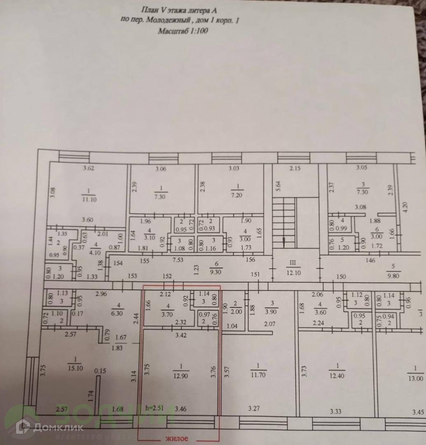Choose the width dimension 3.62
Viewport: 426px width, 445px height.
point(89,168)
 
